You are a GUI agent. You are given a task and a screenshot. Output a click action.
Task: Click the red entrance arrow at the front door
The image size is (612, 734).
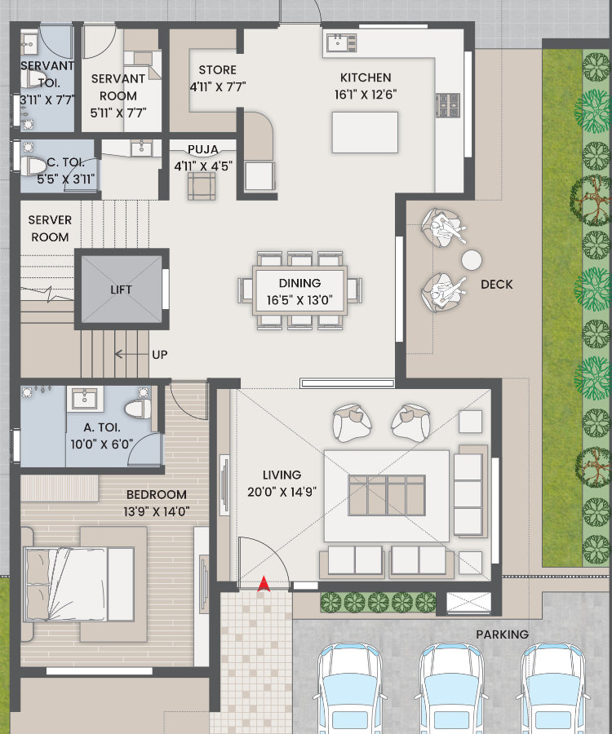[264, 584]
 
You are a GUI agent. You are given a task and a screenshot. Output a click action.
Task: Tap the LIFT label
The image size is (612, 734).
[121, 290]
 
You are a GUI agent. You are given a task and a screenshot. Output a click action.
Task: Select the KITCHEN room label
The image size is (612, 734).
[366, 77]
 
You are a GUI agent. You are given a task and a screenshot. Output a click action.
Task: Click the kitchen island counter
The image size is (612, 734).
[365, 132]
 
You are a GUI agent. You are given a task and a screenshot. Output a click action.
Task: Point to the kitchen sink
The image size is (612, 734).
[341, 42]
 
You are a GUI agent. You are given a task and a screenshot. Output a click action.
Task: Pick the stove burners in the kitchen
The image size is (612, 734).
[448, 105]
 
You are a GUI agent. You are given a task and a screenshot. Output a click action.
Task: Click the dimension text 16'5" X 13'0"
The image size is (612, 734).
[299, 300]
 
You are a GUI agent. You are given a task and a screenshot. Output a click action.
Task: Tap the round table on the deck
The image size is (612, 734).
[471, 260]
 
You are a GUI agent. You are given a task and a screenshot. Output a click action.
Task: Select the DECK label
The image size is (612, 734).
[496, 284]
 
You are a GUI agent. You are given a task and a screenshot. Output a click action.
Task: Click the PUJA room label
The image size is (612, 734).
[202, 149]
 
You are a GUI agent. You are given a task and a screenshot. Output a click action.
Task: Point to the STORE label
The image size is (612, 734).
[217, 70]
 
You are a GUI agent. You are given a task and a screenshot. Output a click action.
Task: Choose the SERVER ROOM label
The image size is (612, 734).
[50, 228]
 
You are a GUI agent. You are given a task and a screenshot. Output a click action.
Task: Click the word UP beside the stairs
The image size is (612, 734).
[160, 355]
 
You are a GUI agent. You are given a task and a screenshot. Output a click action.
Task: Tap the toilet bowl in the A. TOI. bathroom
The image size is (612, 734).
[139, 409]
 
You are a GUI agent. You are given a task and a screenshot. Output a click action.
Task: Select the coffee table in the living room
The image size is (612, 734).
[387, 495]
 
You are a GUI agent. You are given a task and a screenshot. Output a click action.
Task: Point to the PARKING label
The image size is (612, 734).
[502, 635]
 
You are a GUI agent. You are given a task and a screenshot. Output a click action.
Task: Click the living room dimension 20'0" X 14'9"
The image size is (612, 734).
[282, 492]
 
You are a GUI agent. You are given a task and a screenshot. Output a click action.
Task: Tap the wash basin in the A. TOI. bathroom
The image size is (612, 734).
[85, 400]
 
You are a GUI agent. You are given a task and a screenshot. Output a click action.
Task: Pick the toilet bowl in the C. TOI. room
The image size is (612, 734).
[33, 166]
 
